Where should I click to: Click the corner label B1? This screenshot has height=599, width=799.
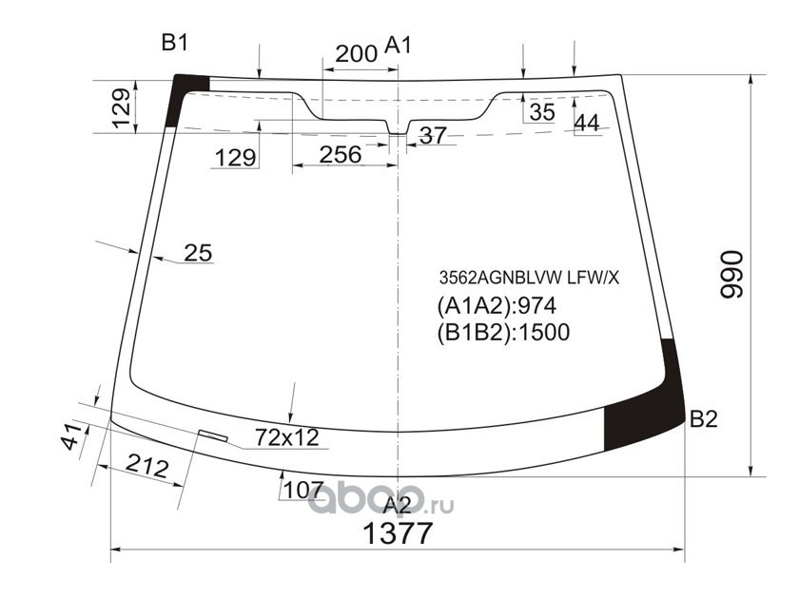pyautogui.click(x=175, y=43)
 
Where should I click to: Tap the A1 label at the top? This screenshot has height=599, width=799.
pyautogui.click(x=398, y=46)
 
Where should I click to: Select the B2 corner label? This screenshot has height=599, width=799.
pyautogui.click(x=703, y=419)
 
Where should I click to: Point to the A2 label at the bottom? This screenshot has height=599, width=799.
pyautogui.click(x=397, y=505)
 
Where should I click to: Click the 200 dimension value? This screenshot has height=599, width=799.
pyautogui.click(x=356, y=53)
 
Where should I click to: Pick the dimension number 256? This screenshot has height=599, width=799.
pyautogui.click(x=341, y=155)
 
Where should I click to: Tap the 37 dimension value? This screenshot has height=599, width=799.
pyautogui.click(x=433, y=135)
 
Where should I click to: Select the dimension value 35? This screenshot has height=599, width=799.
pyautogui.click(x=541, y=112)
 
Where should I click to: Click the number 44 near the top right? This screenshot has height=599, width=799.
pyautogui.click(x=587, y=123)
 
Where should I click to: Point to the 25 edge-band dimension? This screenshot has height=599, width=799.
pyautogui.click(x=198, y=253)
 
